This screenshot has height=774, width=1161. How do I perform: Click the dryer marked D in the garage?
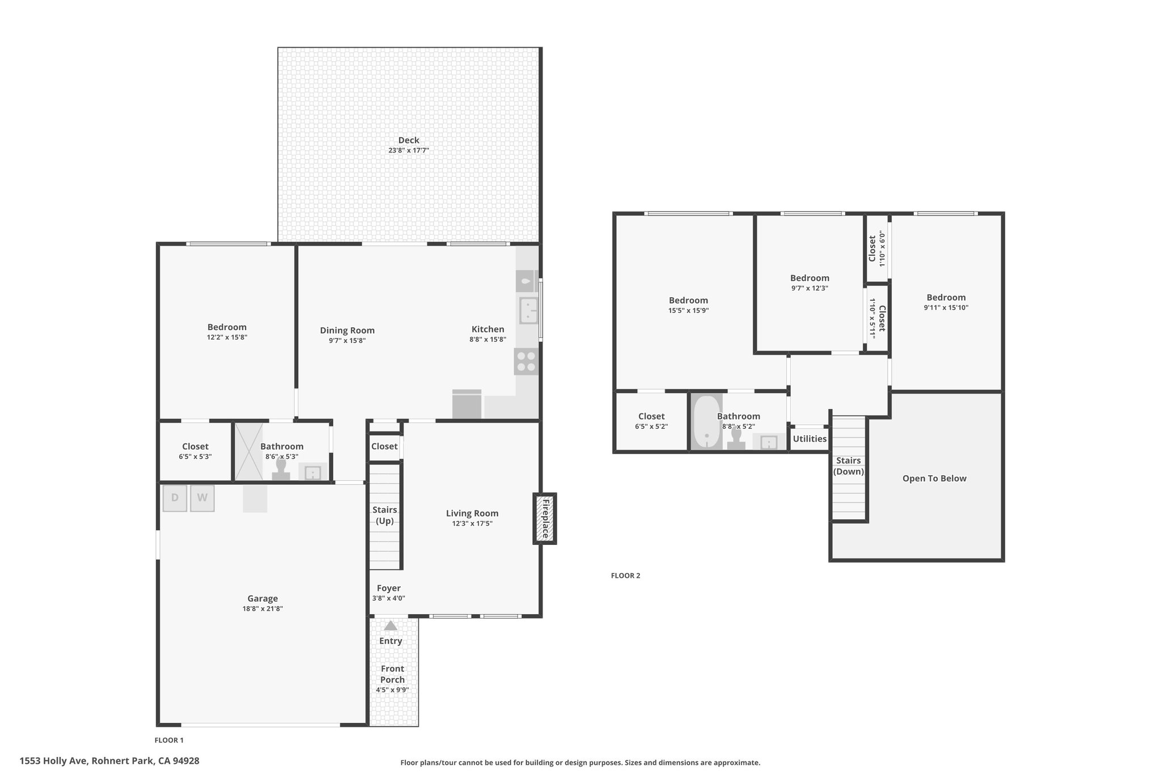(x=175, y=498)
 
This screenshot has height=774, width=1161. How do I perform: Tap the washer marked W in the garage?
(x=202, y=498)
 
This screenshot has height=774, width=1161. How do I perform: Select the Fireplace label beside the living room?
(x=545, y=518)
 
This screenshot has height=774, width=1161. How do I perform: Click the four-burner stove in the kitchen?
(x=526, y=362)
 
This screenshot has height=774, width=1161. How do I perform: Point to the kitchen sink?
(x=528, y=310)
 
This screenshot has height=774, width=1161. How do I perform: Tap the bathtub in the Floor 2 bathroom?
(x=706, y=422)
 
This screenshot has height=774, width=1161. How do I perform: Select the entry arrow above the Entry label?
(x=391, y=625)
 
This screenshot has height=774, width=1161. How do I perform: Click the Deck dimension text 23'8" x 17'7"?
(x=408, y=151)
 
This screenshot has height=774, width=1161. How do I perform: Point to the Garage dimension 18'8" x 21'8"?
(x=262, y=609)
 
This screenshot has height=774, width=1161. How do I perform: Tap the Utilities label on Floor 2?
(x=810, y=438)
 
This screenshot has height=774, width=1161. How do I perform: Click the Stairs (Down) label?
(x=849, y=466)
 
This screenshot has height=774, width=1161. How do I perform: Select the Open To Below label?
(x=934, y=479)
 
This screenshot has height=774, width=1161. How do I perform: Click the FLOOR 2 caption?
(x=625, y=576)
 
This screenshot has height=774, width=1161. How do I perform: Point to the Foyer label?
(x=388, y=588)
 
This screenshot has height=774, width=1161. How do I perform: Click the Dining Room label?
(x=347, y=331)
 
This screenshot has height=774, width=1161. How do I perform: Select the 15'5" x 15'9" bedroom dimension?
(x=688, y=311)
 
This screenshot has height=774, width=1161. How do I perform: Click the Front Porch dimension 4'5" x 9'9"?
(x=392, y=690)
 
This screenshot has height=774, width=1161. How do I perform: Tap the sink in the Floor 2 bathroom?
(x=768, y=442)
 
